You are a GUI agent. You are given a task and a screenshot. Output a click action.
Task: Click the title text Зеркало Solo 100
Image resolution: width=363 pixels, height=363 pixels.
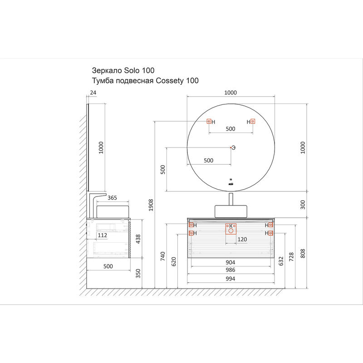point(123,70)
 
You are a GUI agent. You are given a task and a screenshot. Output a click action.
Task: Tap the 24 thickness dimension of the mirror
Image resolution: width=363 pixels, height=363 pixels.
point(93,93)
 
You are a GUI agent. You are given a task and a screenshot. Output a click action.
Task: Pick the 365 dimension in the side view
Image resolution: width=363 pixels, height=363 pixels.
point(113,198)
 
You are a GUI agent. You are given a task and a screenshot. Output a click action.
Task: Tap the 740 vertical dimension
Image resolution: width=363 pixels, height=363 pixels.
point(163,257)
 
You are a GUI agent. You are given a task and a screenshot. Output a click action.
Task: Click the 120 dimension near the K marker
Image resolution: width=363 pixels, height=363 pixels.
point(242,239)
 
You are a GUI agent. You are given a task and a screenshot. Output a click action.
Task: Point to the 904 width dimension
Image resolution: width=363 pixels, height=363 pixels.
point(231,262)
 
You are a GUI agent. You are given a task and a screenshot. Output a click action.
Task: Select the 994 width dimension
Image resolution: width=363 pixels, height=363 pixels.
point(231,279)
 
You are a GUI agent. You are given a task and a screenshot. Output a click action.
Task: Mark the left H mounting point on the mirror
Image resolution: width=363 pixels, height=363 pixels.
point(209,122)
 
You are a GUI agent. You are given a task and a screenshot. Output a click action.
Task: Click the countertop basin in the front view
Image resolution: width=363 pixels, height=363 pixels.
point(231,211)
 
